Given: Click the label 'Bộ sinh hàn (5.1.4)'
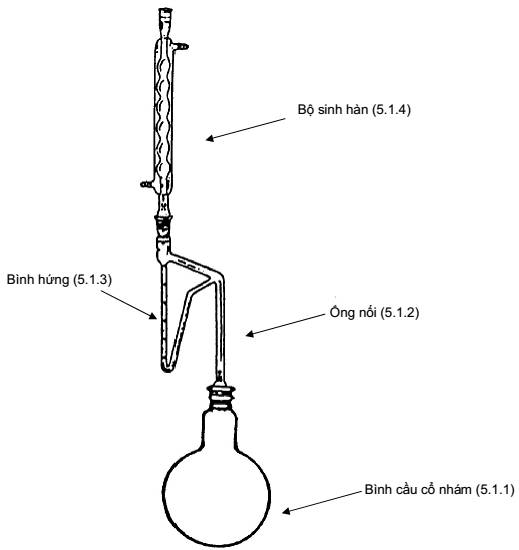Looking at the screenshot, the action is [x=354, y=109].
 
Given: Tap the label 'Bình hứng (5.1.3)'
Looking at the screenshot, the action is [x=59, y=280].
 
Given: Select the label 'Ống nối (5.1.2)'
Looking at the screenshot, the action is [x=374, y=312].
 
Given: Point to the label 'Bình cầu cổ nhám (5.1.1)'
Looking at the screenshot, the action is [x=439, y=489].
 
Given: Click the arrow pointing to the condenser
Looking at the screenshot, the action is [x=245, y=129].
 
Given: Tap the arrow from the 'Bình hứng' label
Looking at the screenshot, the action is [x=129, y=304].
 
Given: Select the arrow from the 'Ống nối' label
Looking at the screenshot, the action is [x=285, y=325].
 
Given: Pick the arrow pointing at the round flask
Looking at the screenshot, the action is [x=322, y=502].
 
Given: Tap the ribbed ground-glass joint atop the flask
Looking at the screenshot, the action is [x=220, y=396].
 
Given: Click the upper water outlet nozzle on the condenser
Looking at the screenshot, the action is [x=181, y=46].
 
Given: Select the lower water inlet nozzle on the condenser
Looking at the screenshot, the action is [x=147, y=183].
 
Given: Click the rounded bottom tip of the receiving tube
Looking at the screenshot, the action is [x=167, y=368].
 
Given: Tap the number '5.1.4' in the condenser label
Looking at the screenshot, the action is [x=391, y=109].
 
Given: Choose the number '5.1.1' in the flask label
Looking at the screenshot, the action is [x=495, y=489].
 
